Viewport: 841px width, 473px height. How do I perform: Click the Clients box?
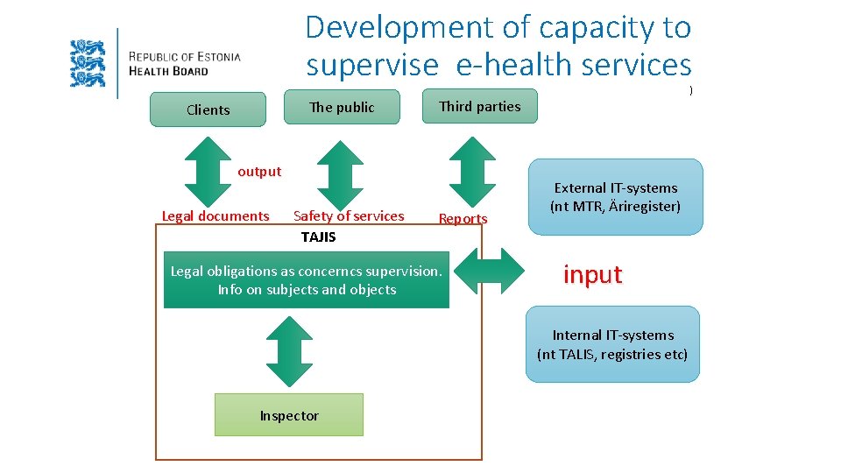208,109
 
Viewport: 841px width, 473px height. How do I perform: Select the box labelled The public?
342,107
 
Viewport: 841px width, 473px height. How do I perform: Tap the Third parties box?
479,106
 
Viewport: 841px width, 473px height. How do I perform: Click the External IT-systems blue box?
615,197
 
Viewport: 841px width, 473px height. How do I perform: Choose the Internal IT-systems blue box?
612,344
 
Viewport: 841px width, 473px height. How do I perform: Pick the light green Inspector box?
288,415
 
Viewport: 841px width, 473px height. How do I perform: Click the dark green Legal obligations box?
306,280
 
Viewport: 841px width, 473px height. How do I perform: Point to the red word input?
592,274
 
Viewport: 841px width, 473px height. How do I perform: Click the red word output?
259,172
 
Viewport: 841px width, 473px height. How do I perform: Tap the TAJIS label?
318,236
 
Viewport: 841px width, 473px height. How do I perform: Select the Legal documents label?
216,215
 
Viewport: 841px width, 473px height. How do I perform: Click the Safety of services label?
349,215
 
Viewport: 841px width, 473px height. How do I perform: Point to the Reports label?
463,218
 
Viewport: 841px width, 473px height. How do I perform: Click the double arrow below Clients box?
207,171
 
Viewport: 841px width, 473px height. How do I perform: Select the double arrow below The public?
339,173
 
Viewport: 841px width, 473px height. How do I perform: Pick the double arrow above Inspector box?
288,351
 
